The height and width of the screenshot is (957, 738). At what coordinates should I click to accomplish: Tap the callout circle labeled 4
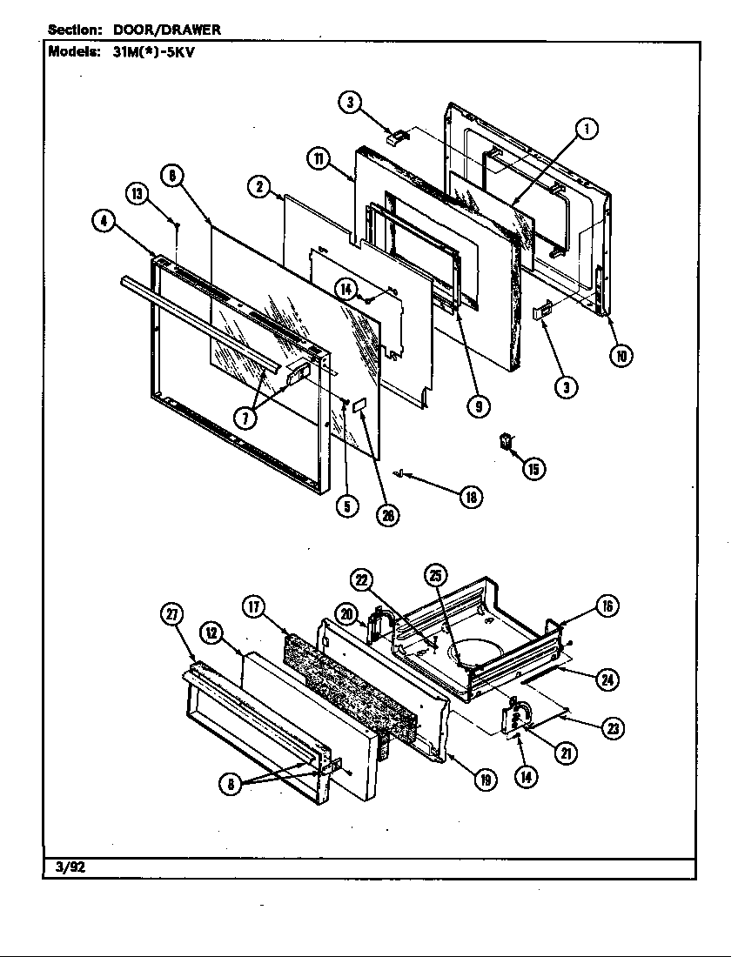click(104, 221)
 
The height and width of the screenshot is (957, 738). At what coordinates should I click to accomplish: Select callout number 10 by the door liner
click(621, 355)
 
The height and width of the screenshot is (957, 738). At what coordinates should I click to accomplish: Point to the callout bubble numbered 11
click(318, 158)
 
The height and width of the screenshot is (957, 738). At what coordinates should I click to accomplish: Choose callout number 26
click(387, 514)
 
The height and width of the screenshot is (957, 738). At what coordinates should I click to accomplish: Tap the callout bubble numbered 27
click(171, 613)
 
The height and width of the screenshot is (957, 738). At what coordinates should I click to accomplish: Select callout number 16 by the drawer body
click(607, 606)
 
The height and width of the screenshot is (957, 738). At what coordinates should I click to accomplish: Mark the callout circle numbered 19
click(485, 780)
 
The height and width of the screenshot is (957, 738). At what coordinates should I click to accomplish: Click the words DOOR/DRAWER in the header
click(167, 30)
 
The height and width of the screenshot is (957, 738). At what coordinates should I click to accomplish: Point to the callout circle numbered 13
click(137, 194)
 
